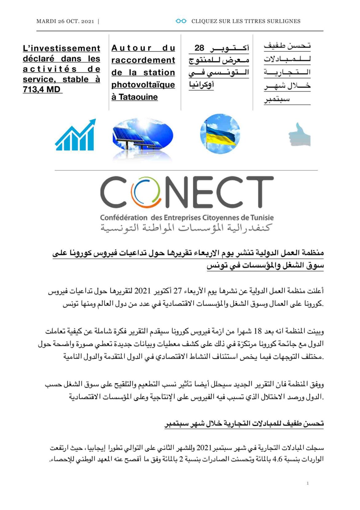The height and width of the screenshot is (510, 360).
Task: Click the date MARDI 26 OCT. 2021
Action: pos(65,21)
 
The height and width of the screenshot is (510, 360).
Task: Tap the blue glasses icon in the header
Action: pos(181,21)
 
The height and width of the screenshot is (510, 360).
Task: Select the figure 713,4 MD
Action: pos(42,89)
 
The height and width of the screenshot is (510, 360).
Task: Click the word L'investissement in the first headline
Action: pos(62,48)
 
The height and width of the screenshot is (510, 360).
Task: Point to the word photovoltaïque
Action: pos(143,85)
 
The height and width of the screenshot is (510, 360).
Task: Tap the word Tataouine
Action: pos(138,97)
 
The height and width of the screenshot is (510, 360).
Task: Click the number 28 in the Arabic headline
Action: pos(199,48)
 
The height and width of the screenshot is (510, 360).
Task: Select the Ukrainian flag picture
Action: pos(220,134)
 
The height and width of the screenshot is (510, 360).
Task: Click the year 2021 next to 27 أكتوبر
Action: pos(142,291)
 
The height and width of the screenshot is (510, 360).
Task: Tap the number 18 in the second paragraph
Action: pos(258,331)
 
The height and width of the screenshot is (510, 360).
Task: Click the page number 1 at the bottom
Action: pos(308,483)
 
